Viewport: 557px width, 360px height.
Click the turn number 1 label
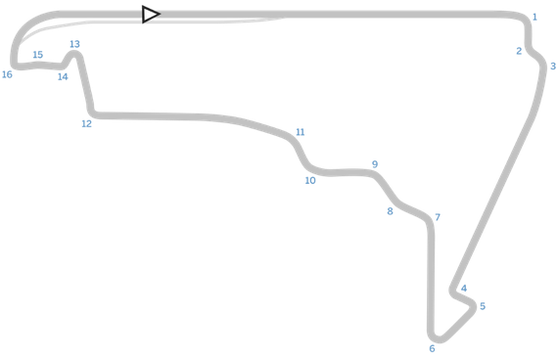point(534,17)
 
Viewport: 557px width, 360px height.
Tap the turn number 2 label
point(519,51)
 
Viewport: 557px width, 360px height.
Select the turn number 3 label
point(553,67)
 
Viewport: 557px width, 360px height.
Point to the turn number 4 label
point(464,288)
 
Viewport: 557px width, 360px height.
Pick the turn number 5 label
point(483,306)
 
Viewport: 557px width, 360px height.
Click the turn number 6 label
point(432,348)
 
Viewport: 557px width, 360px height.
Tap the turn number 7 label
point(438,217)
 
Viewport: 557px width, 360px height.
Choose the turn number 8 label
point(390,210)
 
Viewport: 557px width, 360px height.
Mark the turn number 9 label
point(375,164)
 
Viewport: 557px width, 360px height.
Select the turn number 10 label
point(310,180)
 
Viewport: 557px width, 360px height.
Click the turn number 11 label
point(301,132)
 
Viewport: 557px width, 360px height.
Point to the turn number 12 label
point(87,123)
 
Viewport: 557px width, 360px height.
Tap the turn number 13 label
point(75,44)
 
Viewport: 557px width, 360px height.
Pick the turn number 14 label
point(63,76)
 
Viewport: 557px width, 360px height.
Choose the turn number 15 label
point(38,55)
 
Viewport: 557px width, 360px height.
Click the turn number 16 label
point(8,74)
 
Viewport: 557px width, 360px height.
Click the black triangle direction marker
point(150,15)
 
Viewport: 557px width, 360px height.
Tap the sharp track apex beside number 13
point(75,55)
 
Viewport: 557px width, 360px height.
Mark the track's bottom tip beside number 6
point(438,339)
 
